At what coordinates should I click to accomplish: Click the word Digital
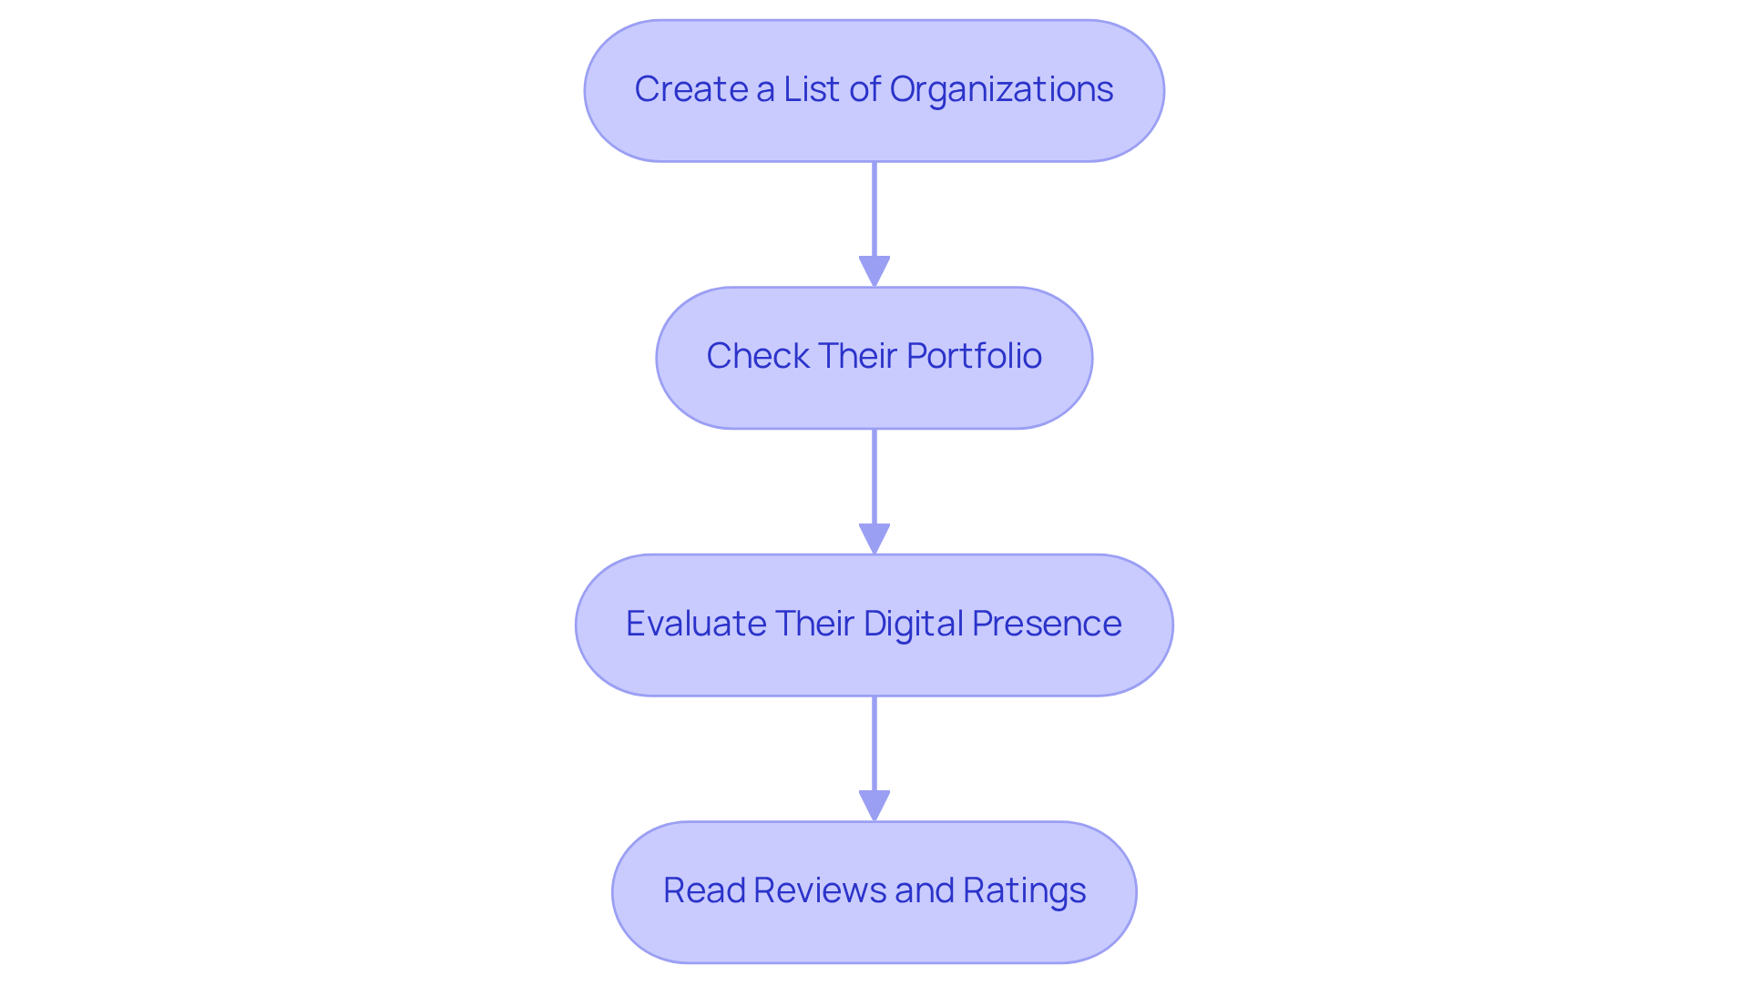(x=914, y=624)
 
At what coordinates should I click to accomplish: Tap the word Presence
(x=1047, y=624)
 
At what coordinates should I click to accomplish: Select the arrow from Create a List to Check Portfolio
(x=874, y=214)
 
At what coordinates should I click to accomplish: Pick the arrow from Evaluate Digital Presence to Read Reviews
(x=874, y=747)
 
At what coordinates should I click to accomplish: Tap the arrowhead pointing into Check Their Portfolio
(x=874, y=272)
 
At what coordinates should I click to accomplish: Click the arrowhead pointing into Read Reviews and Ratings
(x=874, y=806)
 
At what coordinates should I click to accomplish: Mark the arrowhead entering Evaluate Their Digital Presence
(x=874, y=539)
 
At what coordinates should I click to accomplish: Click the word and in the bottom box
(x=922, y=890)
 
